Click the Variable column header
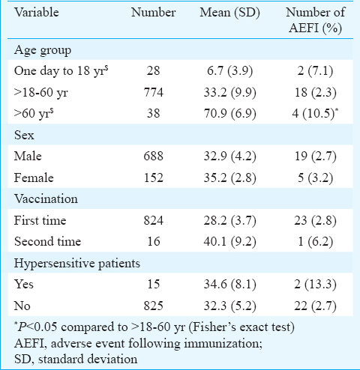coord(37,13)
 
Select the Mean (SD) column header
coord(229,13)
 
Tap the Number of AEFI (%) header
coord(316,20)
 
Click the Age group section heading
coord(43,50)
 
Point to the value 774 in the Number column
coord(154,92)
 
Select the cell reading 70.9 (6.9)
coord(229,113)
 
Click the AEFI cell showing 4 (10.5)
coord(315,113)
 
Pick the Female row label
coord(34,178)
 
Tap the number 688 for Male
coord(154,157)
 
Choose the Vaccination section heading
coord(46,199)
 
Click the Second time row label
coord(47,242)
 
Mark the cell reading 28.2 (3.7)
coord(229,220)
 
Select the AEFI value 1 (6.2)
coord(316,242)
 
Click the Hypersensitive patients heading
coord(77,264)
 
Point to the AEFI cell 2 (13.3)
coord(315,285)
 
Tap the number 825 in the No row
coord(154,306)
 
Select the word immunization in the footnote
coord(223,344)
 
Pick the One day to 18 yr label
coord(61,71)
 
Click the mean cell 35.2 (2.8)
coord(229,178)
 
